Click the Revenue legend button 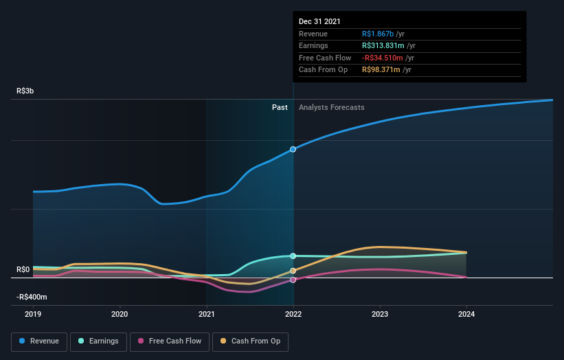click(39, 341)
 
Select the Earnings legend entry click(98, 341)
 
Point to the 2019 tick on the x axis click(33, 314)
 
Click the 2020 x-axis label click(120, 314)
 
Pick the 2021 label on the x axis click(206, 314)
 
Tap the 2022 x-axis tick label click(293, 314)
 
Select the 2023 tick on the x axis click(380, 314)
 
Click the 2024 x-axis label click(466, 314)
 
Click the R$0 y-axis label click(23, 269)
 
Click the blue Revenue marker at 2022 click(293, 149)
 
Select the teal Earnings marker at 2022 click(293, 256)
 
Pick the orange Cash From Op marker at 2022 click(293, 271)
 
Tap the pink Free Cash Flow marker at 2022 click(293, 280)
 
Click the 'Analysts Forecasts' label click(331, 107)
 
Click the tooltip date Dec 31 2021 click(319, 22)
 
